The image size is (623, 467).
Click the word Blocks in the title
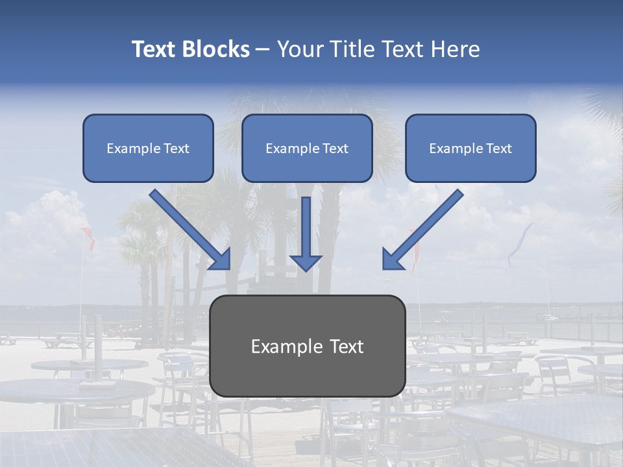[216, 49]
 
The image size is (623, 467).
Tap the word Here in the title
[455, 49]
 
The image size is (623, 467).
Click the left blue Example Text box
[148, 148]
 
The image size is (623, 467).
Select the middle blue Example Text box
[307, 148]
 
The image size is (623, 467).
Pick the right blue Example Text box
[470, 148]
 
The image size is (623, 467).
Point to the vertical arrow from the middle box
[306, 227]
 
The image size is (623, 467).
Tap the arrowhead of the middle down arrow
[306, 262]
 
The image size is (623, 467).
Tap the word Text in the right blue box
[498, 149]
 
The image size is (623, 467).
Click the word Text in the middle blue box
[335, 149]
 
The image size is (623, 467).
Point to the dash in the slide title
[263, 49]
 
